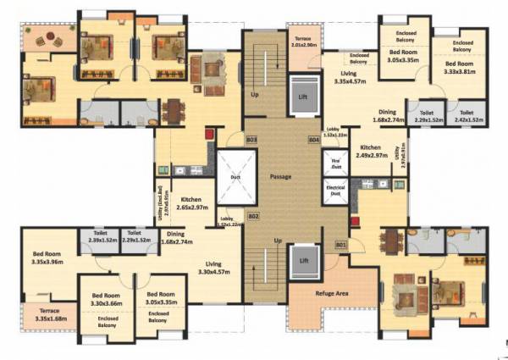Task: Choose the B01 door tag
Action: tap(340, 246)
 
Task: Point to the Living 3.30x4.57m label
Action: tap(219, 269)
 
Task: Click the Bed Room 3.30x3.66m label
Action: tap(107, 300)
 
